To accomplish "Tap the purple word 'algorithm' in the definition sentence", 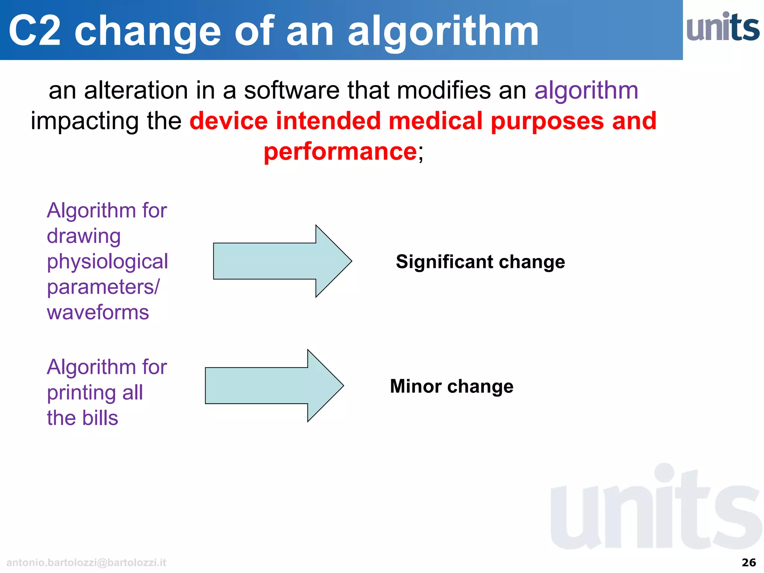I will click(x=586, y=91).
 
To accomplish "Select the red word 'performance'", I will click(x=340, y=151).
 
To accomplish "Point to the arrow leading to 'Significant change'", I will click(x=282, y=261).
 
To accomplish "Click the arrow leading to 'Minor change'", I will click(x=274, y=386).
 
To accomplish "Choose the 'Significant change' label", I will click(x=480, y=262).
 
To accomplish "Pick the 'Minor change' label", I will click(x=451, y=386).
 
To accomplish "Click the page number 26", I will click(x=749, y=563).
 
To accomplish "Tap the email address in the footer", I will click(x=86, y=563).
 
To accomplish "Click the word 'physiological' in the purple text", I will click(x=107, y=262).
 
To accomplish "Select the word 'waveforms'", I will click(x=98, y=312).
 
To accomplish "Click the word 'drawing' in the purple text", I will click(x=84, y=237).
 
